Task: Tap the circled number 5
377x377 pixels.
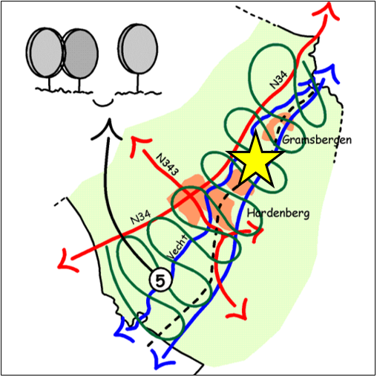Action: [x=160, y=280]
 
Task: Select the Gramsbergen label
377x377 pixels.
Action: [x=317, y=141]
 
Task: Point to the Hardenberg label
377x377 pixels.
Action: [x=278, y=213]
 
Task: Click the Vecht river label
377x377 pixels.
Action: [x=178, y=248]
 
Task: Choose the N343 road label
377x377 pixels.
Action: [x=167, y=164]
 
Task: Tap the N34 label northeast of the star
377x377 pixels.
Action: [x=278, y=80]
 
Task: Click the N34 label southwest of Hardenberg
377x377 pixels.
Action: [x=141, y=217]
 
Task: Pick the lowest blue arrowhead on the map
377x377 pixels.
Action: [x=162, y=359]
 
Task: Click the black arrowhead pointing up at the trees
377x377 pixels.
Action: [x=107, y=129]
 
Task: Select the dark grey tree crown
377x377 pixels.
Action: [x=80, y=54]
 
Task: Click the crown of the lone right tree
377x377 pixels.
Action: [x=138, y=48]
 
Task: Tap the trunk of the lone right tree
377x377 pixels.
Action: [x=138, y=83]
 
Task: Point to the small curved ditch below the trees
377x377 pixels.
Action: [x=103, y=103]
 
